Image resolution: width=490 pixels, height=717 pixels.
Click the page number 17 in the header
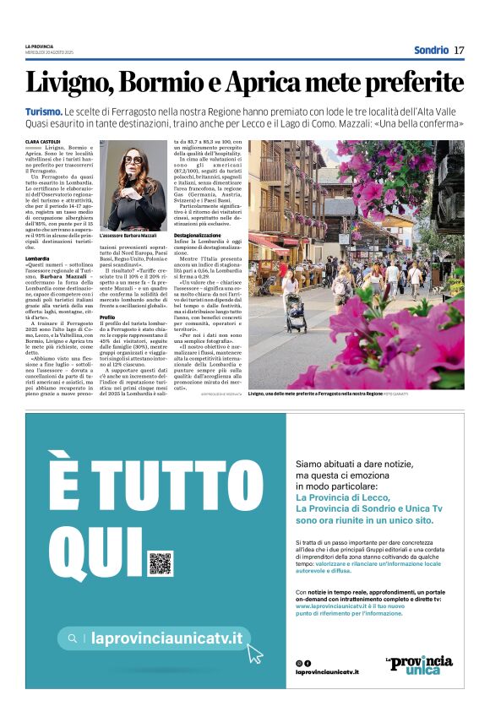[459, 50]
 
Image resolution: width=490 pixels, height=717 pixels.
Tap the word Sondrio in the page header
[431, 50]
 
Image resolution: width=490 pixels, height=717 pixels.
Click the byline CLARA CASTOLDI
[43, 142]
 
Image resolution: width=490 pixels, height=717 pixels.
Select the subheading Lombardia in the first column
[37, 258]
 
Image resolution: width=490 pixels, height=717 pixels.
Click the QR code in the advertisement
[160, 562]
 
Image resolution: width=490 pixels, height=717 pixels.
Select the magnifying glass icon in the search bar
[73, 639]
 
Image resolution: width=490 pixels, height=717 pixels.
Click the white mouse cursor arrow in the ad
[255, 652]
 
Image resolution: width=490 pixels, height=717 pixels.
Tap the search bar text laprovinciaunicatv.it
[166, 639]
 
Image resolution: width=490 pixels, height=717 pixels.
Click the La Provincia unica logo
[419, 664]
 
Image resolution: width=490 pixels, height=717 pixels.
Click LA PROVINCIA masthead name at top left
[39, 46]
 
